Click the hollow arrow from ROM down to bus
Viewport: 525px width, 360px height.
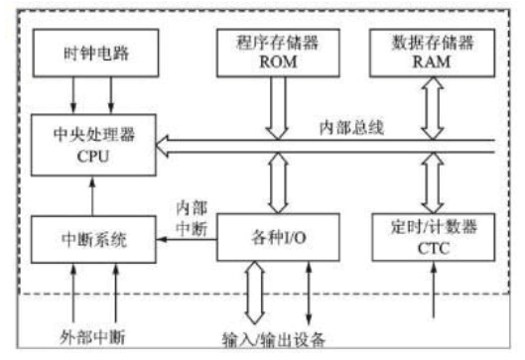pyautogui.click(x=269, y=107)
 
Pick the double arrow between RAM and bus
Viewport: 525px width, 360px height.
pyautogui.click(x=432, y=106)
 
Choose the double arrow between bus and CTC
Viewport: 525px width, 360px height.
pyautogui.click(x=432, y=185)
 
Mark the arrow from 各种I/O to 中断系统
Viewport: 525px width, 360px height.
pyautogui.click(x=186, y=239)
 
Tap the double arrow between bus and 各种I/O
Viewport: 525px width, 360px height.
pyautogui.click(x=269, y=185)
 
